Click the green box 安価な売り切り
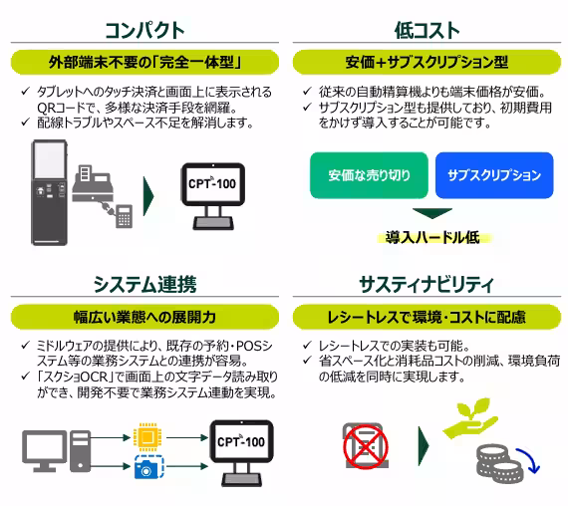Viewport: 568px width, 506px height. pyautogui.click(x=370, y=174)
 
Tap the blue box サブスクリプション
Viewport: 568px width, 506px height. pyautogui.click(x=494, y=174)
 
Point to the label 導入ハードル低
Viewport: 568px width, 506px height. pyautogui.click(x=431, y=237)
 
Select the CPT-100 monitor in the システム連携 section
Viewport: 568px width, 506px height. pyautogui.click(x=240, y=444)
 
